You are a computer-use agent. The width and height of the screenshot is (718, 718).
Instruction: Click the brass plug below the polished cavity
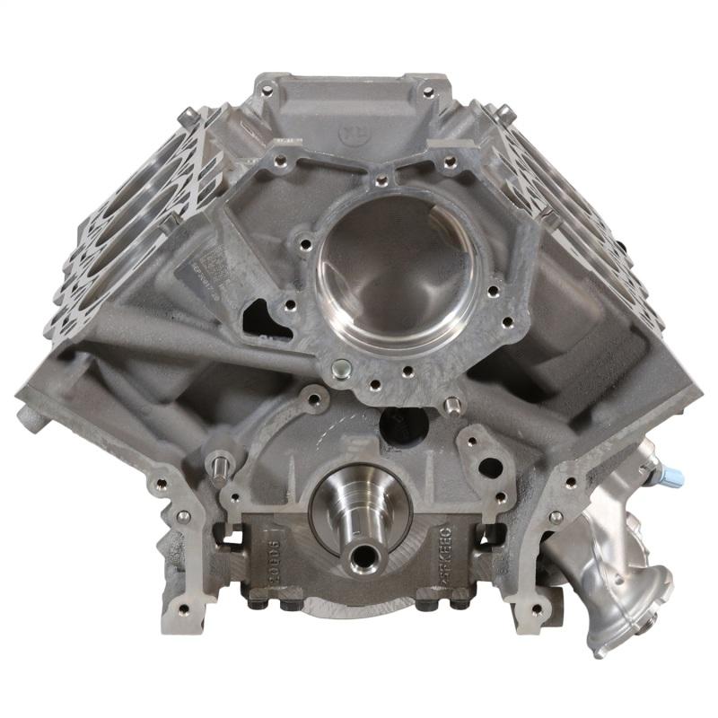(x=340, y=368)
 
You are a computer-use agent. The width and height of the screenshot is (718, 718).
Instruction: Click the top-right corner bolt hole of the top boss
(x=428, y=92)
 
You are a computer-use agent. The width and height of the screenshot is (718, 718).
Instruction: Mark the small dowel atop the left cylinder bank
(x=186, y=114)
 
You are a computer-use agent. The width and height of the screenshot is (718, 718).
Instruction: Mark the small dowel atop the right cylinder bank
(x=504, y=112)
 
